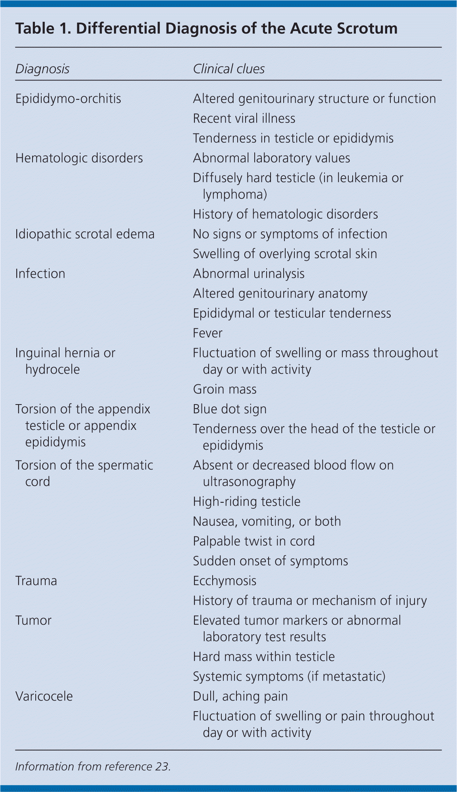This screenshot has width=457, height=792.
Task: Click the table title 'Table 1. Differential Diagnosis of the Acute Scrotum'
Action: coord(206,29)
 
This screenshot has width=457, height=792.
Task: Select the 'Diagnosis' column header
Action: coord(42,69)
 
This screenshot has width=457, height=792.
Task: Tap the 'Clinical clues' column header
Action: coord(228,69)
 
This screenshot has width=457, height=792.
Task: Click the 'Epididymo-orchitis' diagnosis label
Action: coord(68,99)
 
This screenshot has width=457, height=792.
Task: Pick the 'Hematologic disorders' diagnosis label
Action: coord(79,158)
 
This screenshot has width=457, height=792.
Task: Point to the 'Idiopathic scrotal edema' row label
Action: coord(85,234)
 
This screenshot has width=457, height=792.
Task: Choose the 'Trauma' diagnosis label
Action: coord(36,581)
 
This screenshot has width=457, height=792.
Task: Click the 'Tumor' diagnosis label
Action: coord(33,620)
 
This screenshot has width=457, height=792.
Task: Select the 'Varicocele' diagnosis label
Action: coord(44,697)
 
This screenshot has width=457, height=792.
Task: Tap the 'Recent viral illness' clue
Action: coord(244,118)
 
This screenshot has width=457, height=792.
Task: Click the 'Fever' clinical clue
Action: coord(207,333)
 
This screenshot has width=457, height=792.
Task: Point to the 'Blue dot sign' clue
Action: coord(230,409)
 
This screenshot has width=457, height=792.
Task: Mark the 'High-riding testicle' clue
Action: coord(246,502)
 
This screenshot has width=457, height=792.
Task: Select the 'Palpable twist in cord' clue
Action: coord(253,541)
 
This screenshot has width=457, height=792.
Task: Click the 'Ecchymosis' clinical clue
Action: coord(225,581)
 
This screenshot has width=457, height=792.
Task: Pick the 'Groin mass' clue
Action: coord(225,389)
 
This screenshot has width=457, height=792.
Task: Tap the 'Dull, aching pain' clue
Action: coord(240,697)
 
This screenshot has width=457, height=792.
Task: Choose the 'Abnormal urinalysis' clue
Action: coord(249,274)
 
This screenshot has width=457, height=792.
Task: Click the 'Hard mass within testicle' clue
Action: coord(264,657)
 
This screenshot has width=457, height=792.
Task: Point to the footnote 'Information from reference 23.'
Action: coord(93,767)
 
